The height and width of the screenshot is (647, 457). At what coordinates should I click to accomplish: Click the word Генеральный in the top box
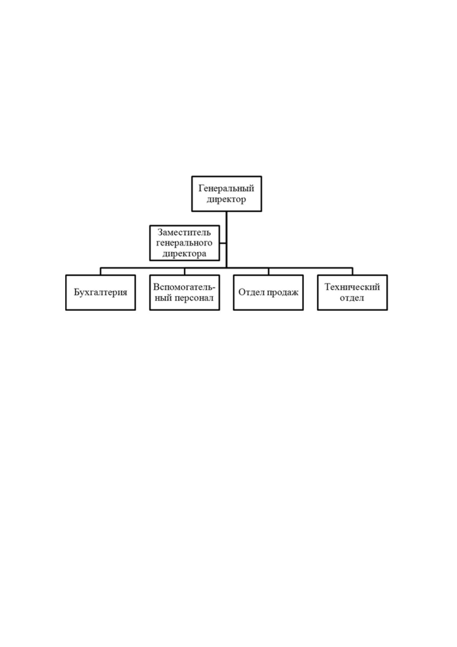(226, 189)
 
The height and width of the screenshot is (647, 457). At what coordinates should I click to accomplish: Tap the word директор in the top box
(226, 199)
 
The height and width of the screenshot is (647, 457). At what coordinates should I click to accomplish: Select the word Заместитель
(184, 232)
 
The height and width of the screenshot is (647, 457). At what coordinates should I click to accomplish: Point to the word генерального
(184, 243)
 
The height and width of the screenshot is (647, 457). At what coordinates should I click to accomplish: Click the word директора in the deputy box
(184, 254)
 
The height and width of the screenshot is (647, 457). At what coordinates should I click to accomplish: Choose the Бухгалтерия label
(101, 292)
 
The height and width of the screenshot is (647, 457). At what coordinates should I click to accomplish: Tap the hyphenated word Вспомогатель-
(184, 287)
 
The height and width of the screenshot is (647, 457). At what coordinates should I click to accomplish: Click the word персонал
(194, 298)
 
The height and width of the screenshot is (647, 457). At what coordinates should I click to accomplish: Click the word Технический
(352, 287)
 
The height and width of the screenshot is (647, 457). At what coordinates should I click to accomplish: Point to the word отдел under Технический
(352, 298)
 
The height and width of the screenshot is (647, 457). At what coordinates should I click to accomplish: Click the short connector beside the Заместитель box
(223, 243)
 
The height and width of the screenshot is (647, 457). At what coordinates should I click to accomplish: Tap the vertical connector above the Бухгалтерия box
(101, 271)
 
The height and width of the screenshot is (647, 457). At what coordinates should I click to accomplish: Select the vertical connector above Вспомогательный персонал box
(184, 271)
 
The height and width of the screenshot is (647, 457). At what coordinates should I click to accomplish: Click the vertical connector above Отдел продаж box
(268, 271)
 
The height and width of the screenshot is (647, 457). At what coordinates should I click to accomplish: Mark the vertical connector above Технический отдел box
(352, 271)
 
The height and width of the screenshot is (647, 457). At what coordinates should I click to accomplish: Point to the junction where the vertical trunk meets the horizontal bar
(226, 268)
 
